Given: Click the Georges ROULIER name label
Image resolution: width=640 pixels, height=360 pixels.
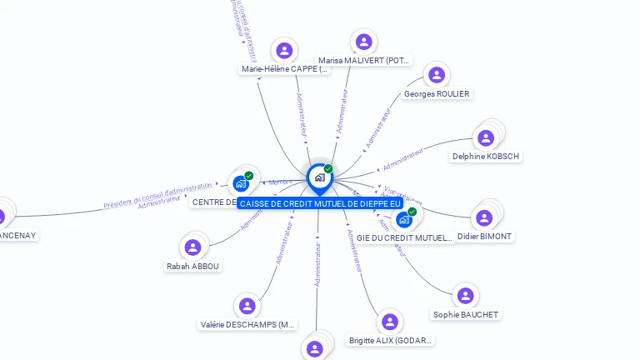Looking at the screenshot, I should coord(437,94).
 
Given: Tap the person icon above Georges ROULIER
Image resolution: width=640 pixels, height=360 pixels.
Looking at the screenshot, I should coord(437,75).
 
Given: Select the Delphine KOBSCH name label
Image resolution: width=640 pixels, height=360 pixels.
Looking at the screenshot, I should coord(486,156).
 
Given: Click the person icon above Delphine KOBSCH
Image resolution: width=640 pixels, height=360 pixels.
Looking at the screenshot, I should coord(486,137).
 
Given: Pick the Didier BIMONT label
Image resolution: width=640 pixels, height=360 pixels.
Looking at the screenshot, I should coord(485,236).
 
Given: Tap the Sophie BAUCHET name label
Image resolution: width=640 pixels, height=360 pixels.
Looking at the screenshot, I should coord(466,314).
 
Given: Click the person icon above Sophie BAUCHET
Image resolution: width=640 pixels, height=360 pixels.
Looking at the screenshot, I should coord(466,295).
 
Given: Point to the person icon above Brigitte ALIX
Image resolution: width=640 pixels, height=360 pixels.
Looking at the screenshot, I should coord(389,322).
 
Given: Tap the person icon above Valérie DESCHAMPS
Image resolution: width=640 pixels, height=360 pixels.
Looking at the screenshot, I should coord(247,306).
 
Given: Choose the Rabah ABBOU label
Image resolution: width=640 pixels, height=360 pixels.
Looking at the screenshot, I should coord(193,266).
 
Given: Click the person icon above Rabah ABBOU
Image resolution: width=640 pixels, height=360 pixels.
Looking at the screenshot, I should coord(192,247).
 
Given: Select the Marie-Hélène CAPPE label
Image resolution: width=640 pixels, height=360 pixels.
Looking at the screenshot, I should coord(284,69).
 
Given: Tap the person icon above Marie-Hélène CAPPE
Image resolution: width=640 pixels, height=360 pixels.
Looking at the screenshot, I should coord(285,51).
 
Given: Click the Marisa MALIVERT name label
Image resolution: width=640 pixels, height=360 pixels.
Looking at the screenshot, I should coord(364,60).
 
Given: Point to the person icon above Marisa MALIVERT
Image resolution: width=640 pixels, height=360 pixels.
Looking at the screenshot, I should coord(363,41).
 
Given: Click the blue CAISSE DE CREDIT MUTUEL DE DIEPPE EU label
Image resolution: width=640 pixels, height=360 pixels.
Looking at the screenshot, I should coord(320,203).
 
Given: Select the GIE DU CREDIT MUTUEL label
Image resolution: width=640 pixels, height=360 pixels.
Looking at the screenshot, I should coord(404,237).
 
